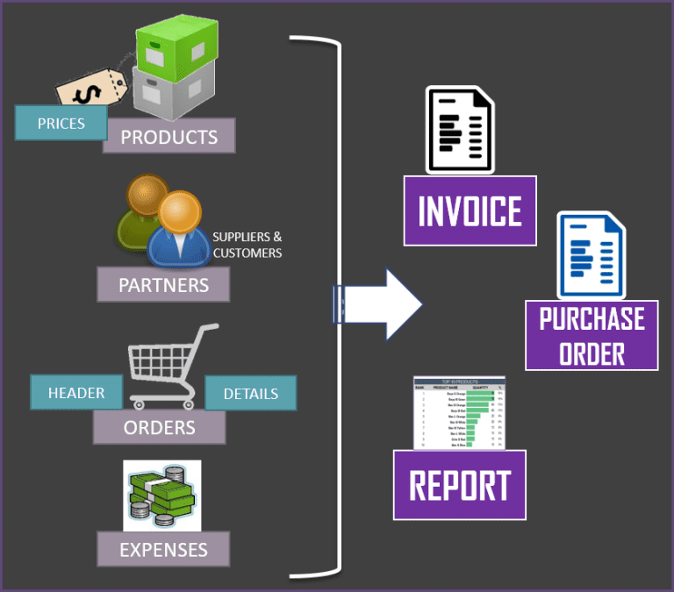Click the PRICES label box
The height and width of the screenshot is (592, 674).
[x=61, y=123]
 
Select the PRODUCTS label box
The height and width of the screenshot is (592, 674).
[x=168, y=136]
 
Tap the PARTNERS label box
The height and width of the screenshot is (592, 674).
[x=163, y=284]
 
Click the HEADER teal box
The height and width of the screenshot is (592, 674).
[x=76, y=392]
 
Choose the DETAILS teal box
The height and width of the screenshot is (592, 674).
[x=250, y=393]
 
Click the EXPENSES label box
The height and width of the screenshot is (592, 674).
[x=163, y=550]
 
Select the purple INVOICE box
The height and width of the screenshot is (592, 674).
[x=470, y=210]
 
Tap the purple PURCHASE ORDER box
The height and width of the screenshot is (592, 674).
[x=592, y=335]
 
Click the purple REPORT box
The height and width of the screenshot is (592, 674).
[x=459, y=485]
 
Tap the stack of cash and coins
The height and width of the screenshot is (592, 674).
[x=161, y=495]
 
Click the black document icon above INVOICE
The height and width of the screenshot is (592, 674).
[x=458, y=130]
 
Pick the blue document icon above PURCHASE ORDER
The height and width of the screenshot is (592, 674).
[x=591, y=255]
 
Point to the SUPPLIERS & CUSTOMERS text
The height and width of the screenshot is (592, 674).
[x=247, y=245]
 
